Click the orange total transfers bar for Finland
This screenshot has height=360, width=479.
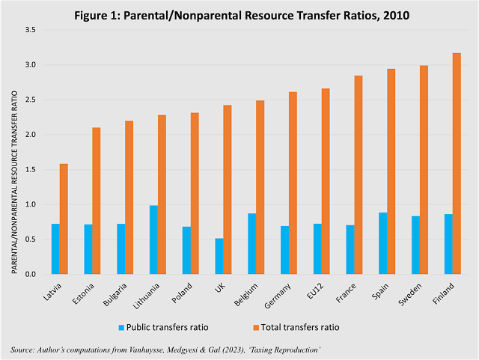(457, 164)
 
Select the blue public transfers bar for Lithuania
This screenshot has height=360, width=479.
(154, 240)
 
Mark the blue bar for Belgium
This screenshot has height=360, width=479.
(252, 244)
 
